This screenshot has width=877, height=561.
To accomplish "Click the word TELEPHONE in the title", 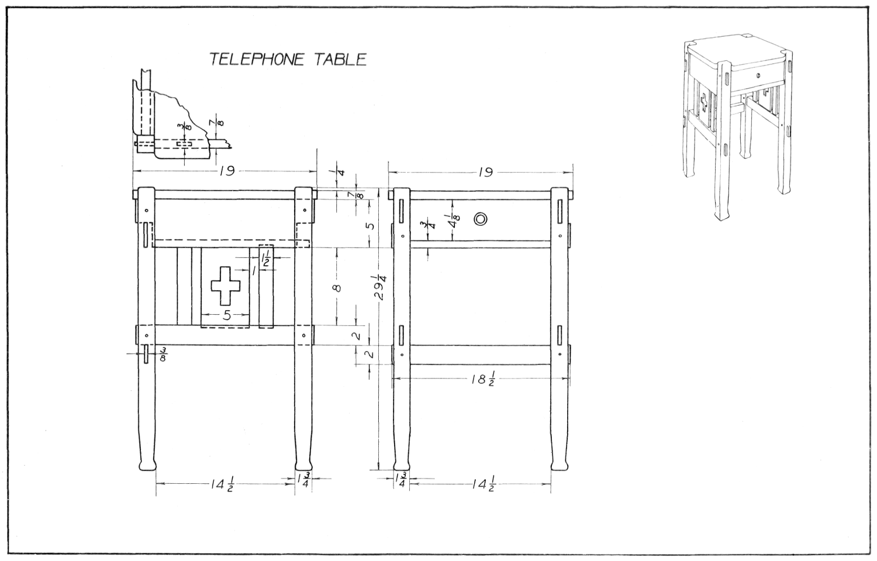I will click(257, 60).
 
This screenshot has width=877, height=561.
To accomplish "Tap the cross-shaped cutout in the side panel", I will click(225, 285).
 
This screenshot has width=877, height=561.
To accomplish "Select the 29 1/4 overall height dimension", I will click(381, 287).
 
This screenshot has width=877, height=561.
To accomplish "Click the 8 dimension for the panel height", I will click(337, 287).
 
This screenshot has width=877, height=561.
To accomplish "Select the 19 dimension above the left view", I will click(226, 171).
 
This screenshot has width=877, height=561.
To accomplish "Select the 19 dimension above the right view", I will click(485, 171).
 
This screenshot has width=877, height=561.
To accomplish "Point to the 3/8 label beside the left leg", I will click(163, 354).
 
